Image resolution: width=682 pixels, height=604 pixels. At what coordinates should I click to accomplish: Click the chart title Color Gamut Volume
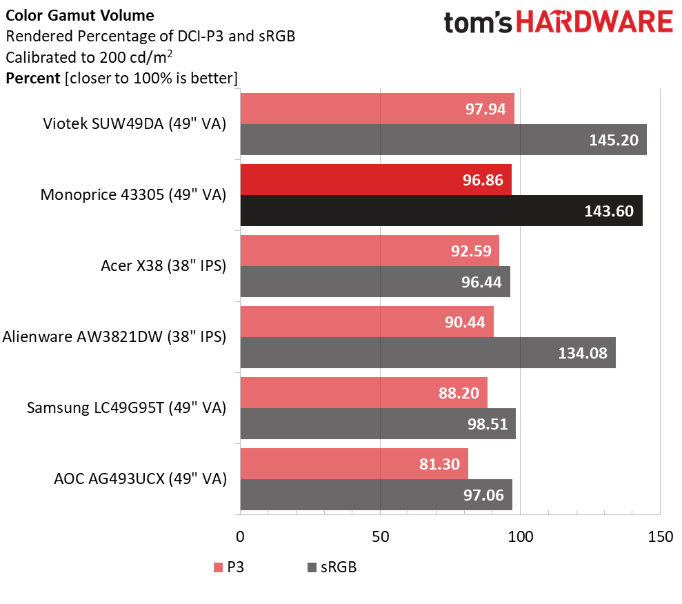coord(80,14)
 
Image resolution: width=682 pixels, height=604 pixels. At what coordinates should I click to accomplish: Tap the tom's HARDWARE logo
coord(558,23)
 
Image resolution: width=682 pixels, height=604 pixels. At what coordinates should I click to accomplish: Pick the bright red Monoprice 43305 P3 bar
coord(375,180)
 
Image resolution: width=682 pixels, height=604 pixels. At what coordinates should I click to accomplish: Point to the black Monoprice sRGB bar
coord(441,211)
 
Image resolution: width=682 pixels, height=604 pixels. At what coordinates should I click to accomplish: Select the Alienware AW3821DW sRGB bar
coord(428,353)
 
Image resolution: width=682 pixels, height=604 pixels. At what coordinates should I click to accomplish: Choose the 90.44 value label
coord(465,322)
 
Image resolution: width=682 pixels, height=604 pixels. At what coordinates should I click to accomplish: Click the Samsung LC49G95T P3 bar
coord(363,393)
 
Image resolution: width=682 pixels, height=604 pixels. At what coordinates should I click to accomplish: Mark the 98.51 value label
coord(487,424)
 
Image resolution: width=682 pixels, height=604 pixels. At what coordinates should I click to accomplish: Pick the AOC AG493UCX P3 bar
coord(354,464)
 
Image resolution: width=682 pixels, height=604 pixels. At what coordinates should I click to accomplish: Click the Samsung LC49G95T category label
coord(126,408)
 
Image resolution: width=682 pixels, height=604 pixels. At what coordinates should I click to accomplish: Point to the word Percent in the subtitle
coord(32,78)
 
